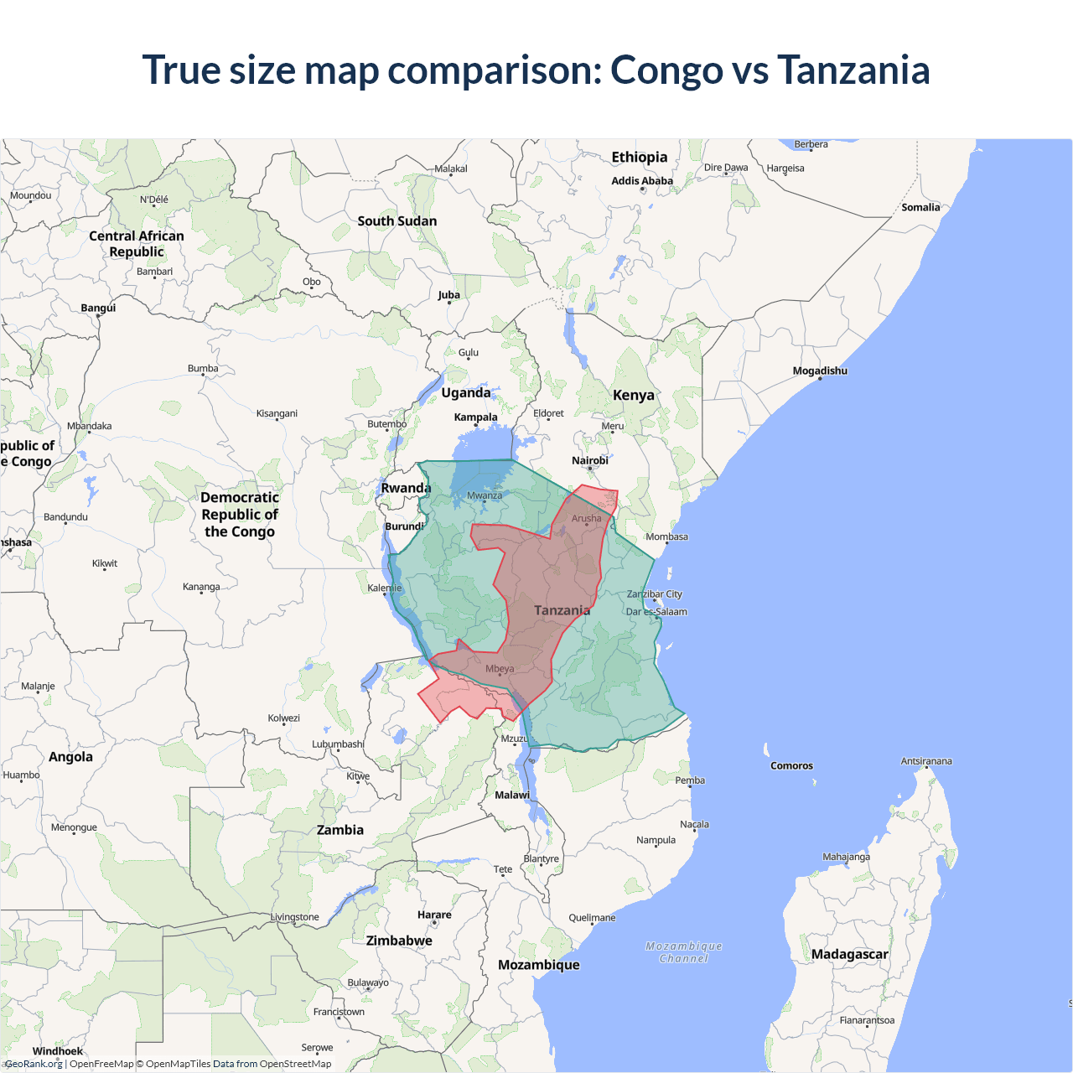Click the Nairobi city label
590,460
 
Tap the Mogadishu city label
820,371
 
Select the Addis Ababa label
642,180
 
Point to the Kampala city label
475,417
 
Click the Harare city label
434,915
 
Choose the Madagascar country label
849,954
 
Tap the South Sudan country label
397,221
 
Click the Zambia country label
340,830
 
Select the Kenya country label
634,395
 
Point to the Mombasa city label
666,536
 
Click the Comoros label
791,765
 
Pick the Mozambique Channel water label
684,952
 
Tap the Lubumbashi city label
338,744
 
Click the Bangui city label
98,308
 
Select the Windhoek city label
58,1051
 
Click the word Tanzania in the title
853,70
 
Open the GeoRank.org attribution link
34,1064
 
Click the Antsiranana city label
926,761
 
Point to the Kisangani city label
277,413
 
